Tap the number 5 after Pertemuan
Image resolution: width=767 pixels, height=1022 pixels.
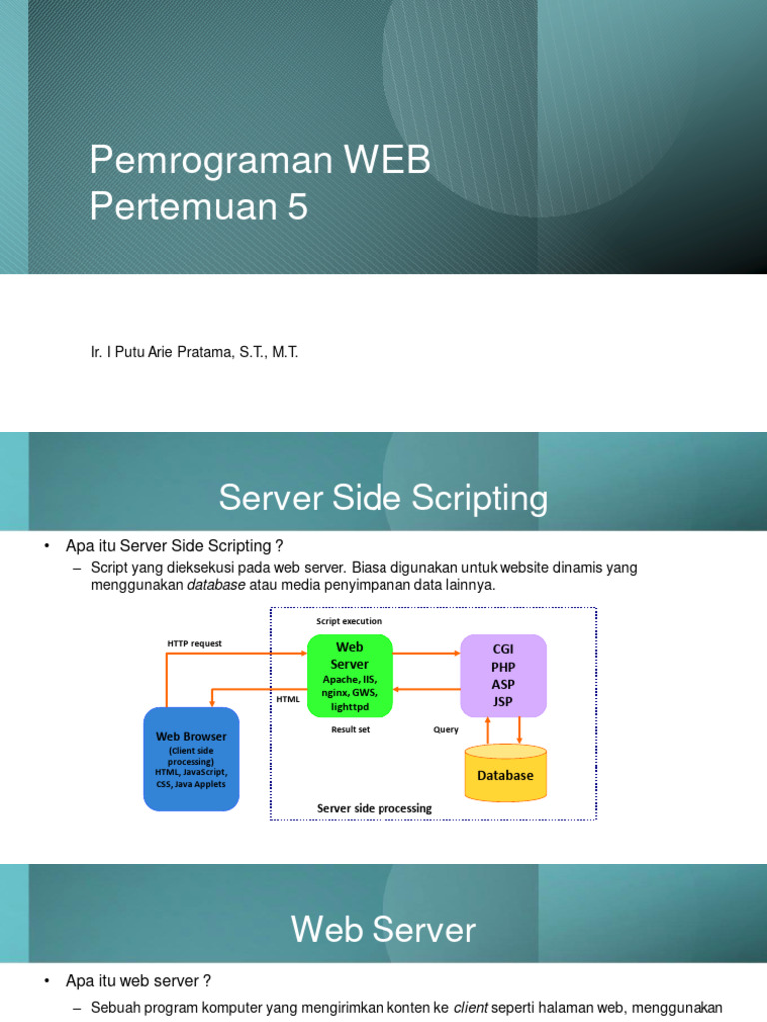[298, 206]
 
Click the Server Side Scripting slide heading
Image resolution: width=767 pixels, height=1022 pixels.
[383, 498]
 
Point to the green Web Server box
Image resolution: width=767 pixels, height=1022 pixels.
[350, 675]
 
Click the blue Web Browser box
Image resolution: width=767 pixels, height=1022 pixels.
[191, 759]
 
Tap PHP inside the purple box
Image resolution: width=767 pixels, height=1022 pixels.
[503, 666]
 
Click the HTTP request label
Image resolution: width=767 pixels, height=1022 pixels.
[195, 643]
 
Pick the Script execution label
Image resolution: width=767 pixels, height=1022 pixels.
[349, 621]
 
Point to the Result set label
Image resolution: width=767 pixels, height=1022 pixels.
[350, 729]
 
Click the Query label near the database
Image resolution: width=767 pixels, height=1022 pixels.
[446, 729]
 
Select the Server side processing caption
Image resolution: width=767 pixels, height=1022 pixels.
[375, 808]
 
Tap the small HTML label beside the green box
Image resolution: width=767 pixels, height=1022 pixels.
[288, 699]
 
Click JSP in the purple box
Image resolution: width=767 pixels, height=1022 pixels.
[503, 701]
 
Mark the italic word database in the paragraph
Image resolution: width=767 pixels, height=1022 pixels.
[216, 585]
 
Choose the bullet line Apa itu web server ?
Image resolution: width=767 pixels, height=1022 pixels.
[138, 981]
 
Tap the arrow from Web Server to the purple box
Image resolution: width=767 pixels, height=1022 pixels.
[426, 653]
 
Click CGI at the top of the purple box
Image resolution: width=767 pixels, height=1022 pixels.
[503, 648]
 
